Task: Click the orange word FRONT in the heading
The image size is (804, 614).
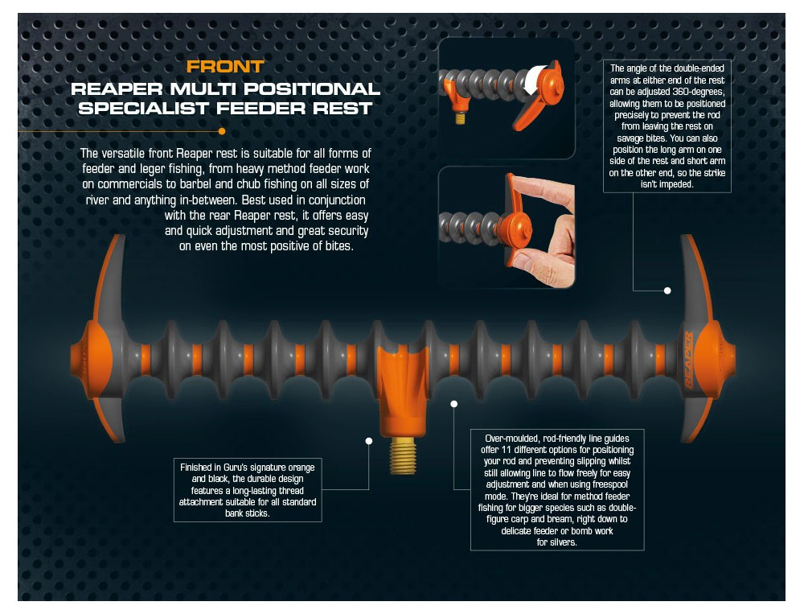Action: [225, 67]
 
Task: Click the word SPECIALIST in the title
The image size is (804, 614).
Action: [144, 109]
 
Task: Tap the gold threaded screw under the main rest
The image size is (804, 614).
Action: [403, 455]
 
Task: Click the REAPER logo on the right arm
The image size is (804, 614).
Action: [689, 360]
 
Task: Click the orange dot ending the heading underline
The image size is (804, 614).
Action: [222, 131]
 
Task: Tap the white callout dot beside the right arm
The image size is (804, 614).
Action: [667, 291]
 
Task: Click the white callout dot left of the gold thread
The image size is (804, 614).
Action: [369, 441]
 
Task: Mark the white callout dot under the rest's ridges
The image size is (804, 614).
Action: [453, 404]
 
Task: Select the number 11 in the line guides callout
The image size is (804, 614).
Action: [507, 450]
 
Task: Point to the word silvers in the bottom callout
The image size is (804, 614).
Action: [563, 542]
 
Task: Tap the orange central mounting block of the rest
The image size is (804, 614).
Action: [403, 390]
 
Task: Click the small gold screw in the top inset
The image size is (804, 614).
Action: [460, 117]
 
